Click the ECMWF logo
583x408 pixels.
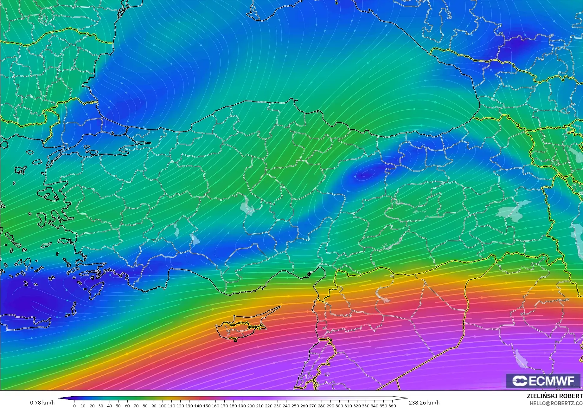pyautogui.click(x=543, y=381)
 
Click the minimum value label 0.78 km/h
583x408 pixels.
pyautogui.click(x=42, y=403)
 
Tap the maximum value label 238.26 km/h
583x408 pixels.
pyautogui.click(x=424, y=403)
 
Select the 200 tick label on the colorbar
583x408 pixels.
pyautogui.click(x=251, y=406)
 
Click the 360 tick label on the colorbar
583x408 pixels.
pyautogui.click(x=392, y=406)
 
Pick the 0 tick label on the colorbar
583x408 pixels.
pyautogui.click(x=74, y=406)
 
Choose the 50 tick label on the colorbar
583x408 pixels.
pyautogui.click(x=118, y=406)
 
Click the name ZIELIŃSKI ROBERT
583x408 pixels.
pyautogui.click(x=554, y=396)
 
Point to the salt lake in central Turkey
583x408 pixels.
pyautogui.click(x=247, y=206)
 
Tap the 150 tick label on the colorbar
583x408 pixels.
pyautogui.click(x=207, y=406)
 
